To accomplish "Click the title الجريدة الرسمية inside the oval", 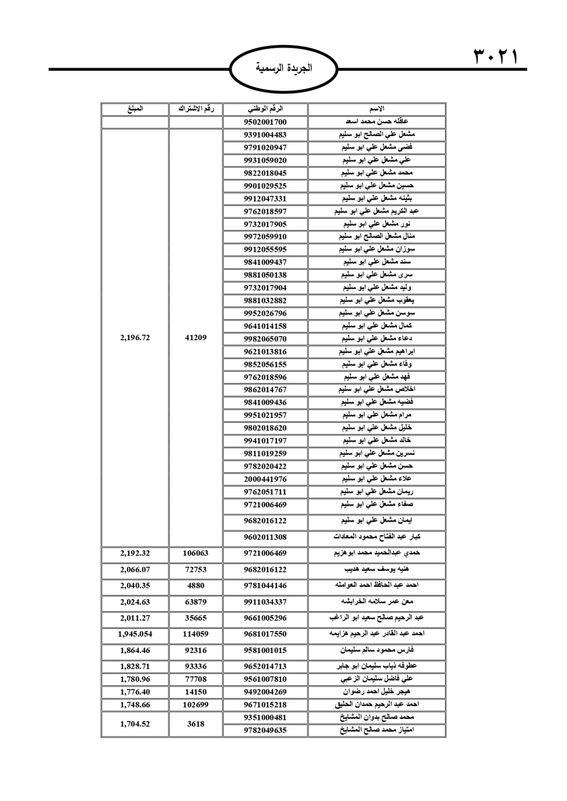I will [x=283, y=69].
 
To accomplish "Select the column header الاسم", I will [x=377, y=109].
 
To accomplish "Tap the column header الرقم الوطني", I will [x=265, y=109].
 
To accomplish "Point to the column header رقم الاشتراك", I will [x=196, y=109].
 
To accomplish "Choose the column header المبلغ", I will [x=135, y=109].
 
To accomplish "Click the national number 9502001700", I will [x=265, y=122].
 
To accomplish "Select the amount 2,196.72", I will [x=135, y=338].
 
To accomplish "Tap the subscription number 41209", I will [x=196, y=338].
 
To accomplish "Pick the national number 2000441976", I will [x=265, y=479].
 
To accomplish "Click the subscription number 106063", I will [x=196, y=553].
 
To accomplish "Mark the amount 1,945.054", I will [x=135, y=634].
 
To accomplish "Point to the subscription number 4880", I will [x=196, y=586].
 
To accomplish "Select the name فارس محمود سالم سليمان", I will [x=377, y=650].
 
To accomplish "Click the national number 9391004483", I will [x=265, y=135].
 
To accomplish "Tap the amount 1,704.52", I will [x=135, y=724].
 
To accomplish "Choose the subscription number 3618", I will [x=196, y=724].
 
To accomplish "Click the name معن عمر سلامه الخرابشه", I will [x=377, y=602].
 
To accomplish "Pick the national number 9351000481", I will [x=265, y=717].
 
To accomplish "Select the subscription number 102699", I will [x=196, y=705].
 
